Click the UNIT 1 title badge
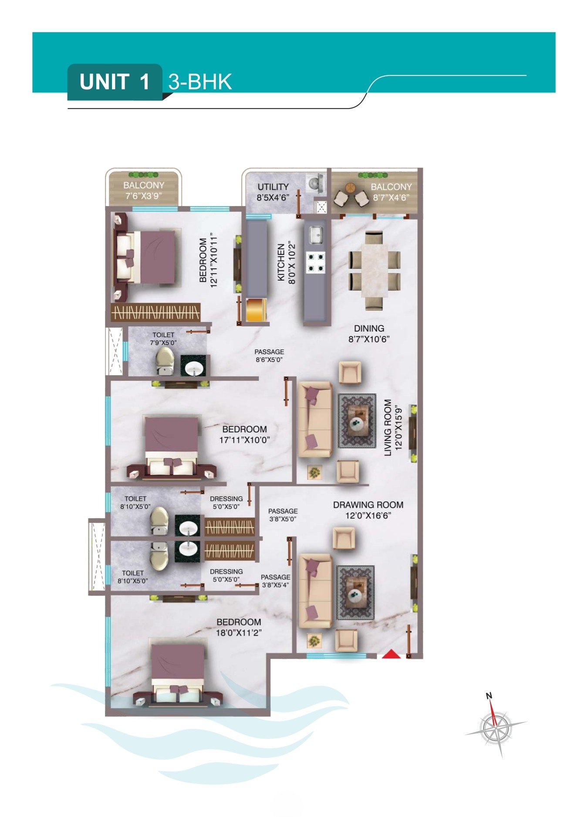[115, 82]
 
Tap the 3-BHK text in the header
[200, 82]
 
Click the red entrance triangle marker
[392, 654]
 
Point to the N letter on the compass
[489, 696]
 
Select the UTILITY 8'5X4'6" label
[273, 192]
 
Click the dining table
[374, 270]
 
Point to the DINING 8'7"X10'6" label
[369, 334]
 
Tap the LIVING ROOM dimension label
[392, 427]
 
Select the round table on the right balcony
[351, 188]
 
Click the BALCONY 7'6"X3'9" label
[144, 191]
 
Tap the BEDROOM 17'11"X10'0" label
[244, 434]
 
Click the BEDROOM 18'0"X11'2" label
[239, 627]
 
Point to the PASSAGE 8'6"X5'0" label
[269, 356]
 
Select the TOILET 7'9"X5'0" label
[163, 339]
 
